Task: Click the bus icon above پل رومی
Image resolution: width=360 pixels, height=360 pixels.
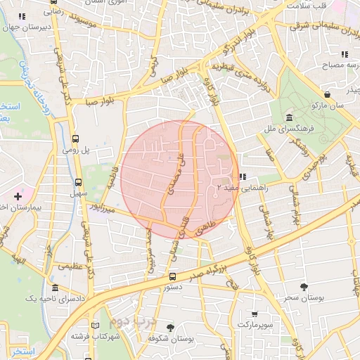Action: (75, 139)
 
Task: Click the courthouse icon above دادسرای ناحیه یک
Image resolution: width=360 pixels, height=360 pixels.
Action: (56, 288)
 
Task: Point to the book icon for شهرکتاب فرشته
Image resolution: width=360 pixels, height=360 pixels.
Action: (96, 325)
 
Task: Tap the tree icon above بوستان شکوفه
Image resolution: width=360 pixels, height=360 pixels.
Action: (170, 327)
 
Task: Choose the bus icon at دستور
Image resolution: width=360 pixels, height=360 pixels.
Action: (172, 276)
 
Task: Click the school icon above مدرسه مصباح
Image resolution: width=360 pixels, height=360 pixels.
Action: (344, 54)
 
